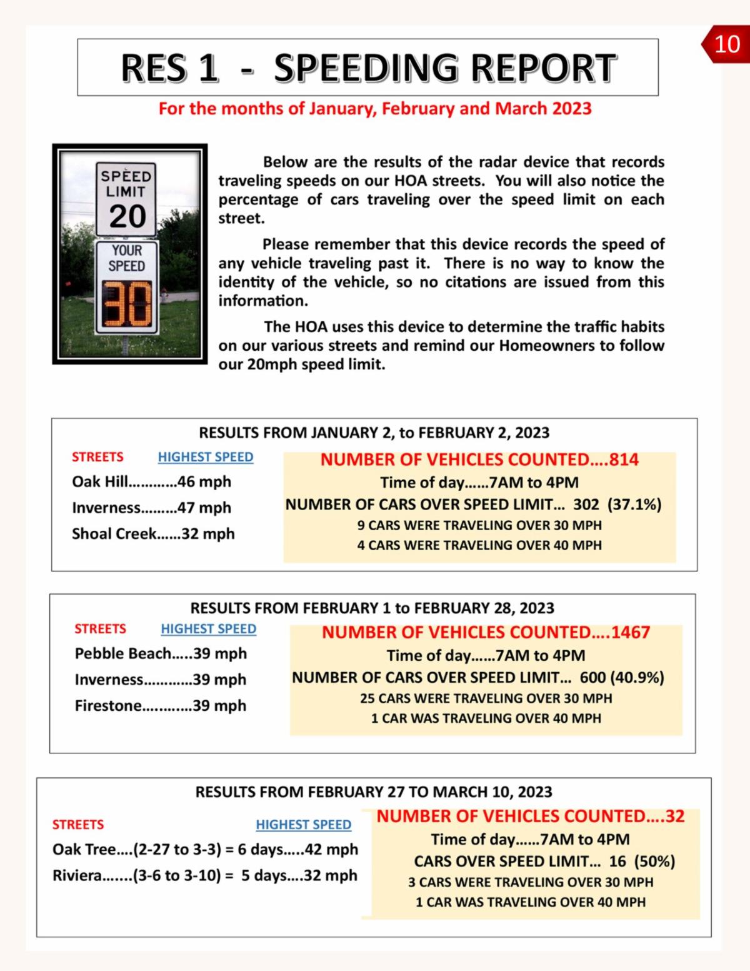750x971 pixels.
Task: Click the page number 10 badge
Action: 726,44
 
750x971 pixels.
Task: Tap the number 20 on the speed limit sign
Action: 127,216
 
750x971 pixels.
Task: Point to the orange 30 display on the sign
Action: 127,303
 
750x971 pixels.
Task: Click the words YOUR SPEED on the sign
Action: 127,258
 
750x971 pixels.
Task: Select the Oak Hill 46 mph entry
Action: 151,481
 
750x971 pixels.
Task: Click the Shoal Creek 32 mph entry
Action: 153,533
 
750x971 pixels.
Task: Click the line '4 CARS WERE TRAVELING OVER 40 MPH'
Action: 479,545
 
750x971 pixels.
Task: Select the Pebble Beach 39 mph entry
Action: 161,653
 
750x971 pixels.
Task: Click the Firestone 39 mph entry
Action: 161,705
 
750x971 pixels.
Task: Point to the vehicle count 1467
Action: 631,632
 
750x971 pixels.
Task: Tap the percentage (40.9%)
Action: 637,677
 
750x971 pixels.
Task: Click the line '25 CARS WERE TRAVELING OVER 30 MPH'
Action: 486,698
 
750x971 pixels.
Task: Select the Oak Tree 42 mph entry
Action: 205,849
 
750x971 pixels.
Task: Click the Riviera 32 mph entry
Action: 205,875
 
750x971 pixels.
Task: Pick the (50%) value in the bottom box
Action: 654,861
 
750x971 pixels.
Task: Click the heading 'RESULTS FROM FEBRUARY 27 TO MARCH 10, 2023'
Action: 374,792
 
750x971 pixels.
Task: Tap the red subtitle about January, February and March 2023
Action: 375,109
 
